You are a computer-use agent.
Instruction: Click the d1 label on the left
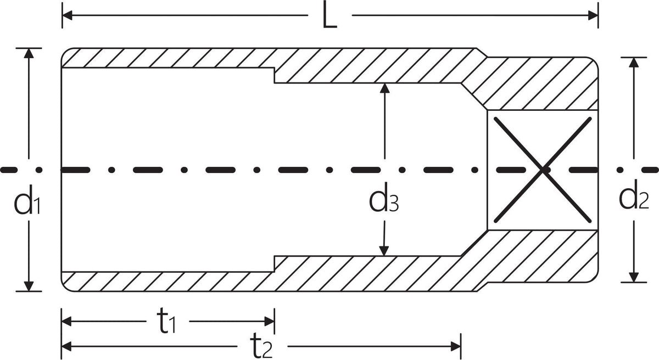pos(27,199)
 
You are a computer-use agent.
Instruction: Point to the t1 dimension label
pos(166,322)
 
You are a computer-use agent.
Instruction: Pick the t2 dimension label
pos(261,347)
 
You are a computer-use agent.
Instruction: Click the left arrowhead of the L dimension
pos(67,15)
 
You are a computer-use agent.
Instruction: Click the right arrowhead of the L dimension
pos(593,15)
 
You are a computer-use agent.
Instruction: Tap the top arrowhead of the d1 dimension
pos(29,53)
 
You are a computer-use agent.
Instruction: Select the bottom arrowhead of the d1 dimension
pos(29,286)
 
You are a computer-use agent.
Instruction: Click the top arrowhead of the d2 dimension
pos(634,63)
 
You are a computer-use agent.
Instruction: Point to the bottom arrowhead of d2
pos(634,277)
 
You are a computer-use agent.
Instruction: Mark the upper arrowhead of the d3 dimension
pos(384,88)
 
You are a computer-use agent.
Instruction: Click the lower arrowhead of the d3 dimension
pos(384,251)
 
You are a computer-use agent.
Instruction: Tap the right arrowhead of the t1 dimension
pos(270,322)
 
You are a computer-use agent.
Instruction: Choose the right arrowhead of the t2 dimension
pos(456,346)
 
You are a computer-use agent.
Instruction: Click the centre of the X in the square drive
pos(543,170)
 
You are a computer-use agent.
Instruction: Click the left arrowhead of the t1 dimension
pos(66,322)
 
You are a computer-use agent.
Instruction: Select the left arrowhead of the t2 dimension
pos(66,346)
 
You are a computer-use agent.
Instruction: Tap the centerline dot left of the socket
pos(39,170)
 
